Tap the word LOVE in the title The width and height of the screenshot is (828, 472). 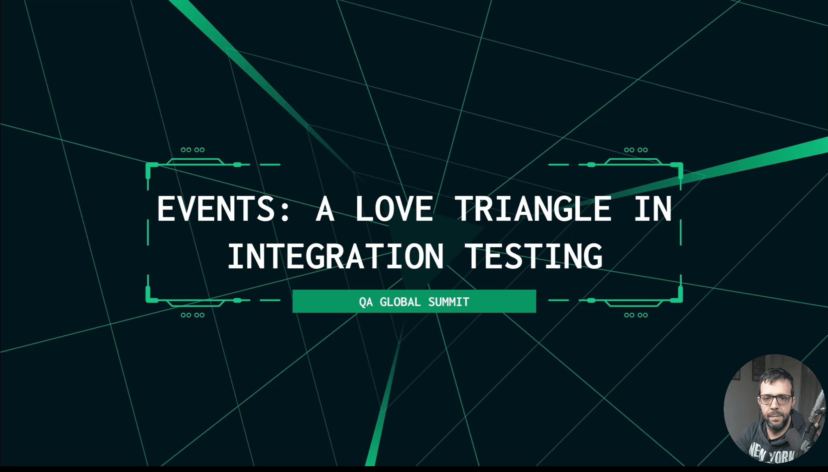pos(394,208)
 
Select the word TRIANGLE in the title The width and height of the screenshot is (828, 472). pos(533,208)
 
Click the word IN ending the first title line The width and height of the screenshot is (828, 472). pos(653,208)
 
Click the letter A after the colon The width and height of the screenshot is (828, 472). pos(325,208)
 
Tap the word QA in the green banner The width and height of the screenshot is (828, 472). pos(366,302)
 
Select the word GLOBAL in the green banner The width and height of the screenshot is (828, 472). pos(400,302)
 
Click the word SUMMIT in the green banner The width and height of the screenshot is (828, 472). pos(449,302)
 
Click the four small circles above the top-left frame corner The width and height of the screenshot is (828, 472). pos(192,150)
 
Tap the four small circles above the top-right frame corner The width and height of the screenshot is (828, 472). pos(636,150)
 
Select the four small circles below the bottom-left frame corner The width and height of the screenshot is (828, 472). pos(192,315)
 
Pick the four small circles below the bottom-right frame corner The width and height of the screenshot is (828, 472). pos(636,315)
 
